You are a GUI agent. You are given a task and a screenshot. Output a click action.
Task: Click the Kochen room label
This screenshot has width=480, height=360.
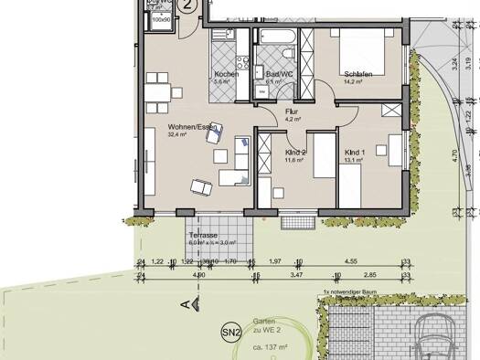(227, 74)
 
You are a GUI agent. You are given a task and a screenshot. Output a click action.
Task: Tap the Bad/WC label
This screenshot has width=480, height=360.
(272, 74)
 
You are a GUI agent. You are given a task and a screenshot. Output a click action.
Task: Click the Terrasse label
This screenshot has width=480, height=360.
(202, 235)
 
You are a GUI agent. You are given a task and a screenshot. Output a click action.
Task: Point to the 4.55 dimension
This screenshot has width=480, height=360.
(351, 261)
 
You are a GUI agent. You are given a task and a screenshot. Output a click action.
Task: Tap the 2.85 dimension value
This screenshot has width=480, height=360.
(370, 274)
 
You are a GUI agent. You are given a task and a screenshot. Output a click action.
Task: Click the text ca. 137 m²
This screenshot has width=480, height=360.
(271, 349)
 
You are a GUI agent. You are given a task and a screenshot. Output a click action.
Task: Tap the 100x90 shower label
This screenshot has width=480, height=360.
(161, 18)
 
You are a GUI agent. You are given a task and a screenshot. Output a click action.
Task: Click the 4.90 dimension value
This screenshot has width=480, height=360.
(198, 274)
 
